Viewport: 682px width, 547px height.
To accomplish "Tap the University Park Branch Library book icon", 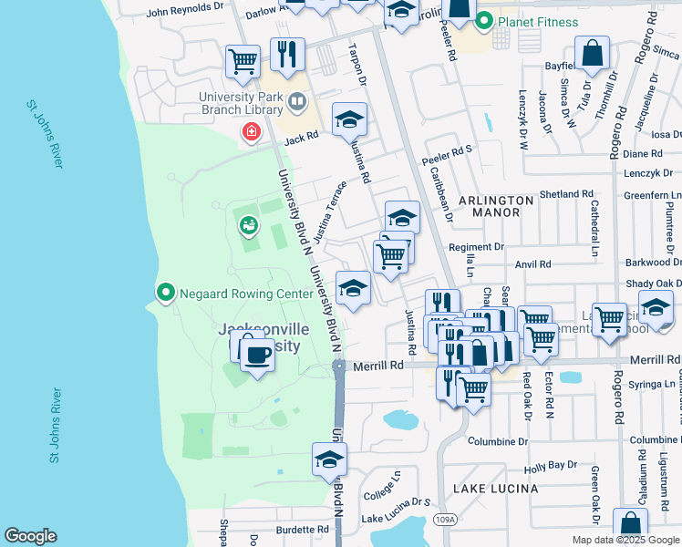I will (295, 100).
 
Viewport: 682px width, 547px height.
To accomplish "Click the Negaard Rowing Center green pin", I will (165, 293).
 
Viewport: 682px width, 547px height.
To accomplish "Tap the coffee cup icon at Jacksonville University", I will (258, 352).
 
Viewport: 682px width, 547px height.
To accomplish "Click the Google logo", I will (30, 536).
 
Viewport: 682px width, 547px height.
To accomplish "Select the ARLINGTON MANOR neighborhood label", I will (495, 206).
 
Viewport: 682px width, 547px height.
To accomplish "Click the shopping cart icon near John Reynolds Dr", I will (243, 61).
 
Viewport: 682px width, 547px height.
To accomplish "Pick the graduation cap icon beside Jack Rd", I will (349, 119).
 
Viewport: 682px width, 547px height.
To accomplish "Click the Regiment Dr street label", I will (476, 247).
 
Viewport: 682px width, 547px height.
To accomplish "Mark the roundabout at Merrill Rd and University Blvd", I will (338, 366).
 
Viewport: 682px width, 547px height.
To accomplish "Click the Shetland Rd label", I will (566, 194).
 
